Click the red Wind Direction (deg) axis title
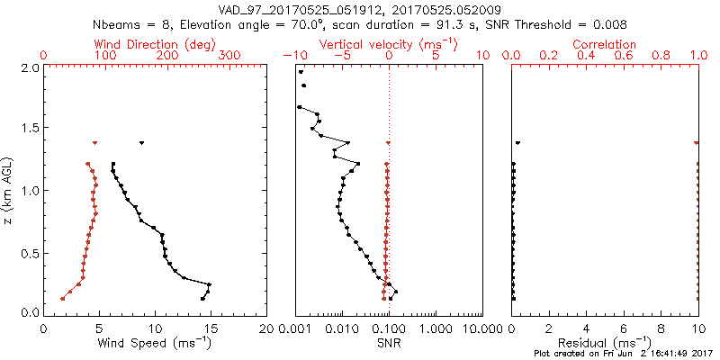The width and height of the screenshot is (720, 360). point(155,44)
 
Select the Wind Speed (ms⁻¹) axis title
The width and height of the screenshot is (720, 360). point(155,342)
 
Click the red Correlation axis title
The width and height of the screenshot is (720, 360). point(605,44)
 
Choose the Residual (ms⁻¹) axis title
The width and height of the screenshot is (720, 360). point(605,342)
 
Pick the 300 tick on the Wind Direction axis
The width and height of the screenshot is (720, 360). point(229,56)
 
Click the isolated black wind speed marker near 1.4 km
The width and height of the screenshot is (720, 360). point(141,143)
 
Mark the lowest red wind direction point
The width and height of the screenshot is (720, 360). point(62,299)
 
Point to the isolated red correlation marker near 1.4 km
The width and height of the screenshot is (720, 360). point(697,143)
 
